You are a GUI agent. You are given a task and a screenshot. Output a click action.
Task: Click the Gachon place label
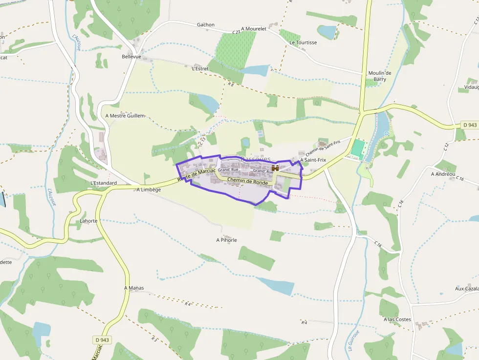205,25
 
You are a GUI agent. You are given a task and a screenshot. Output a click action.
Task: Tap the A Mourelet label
254,29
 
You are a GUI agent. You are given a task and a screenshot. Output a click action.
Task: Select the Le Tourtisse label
303,42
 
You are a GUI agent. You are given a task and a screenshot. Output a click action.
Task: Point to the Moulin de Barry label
380,76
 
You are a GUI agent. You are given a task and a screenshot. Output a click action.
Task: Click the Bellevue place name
131,57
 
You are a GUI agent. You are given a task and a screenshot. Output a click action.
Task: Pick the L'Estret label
200,69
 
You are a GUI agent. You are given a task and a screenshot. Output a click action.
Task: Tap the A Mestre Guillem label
125,116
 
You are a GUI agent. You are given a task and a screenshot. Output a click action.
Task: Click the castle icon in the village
275,168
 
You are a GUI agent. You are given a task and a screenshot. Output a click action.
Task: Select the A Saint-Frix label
313,160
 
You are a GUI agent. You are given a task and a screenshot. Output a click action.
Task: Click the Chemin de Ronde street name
248,182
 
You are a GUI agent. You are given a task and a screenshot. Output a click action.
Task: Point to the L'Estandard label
104,183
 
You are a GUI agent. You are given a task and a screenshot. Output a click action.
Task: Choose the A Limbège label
149,190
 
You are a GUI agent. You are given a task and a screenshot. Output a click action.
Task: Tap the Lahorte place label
88,221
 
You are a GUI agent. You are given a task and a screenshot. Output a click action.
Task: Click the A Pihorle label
226,240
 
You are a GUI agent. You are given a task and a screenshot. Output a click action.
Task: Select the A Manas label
134,288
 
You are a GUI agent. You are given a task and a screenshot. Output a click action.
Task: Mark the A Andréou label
443,174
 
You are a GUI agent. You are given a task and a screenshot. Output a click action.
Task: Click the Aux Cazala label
467,289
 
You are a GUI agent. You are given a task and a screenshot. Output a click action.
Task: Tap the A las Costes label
397,319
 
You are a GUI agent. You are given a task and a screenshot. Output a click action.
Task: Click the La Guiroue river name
354,340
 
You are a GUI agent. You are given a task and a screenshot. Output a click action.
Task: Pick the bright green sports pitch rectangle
358,148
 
